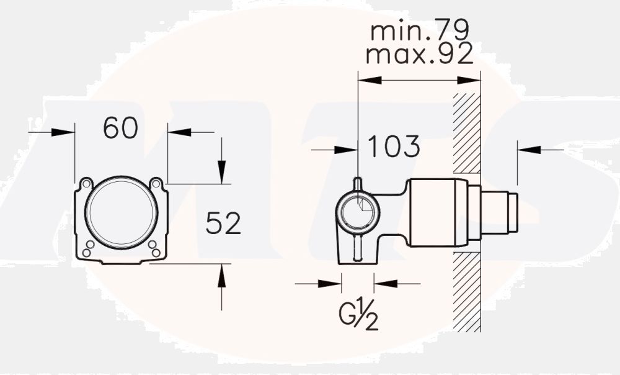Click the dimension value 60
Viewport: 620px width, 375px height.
[x=120, y=128]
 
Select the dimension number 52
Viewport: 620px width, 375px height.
[x=223, y=224]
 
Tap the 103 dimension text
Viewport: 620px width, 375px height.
[x=394, y=147]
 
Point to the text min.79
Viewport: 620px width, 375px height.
[x=420, y=30]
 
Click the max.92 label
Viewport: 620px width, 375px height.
[x=420, y=55]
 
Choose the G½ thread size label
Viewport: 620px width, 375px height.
[x=359, y=317]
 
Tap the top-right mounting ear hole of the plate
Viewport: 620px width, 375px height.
[x=156, y=184]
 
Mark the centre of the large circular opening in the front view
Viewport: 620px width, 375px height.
[x=121, y=213]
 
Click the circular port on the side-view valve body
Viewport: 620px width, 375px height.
[x=358, y=211]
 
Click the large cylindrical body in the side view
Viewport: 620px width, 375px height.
[x=437, y=212]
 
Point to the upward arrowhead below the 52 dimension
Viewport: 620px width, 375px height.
[x=222, y=278]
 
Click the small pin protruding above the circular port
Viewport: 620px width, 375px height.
[x=358, y=183]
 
